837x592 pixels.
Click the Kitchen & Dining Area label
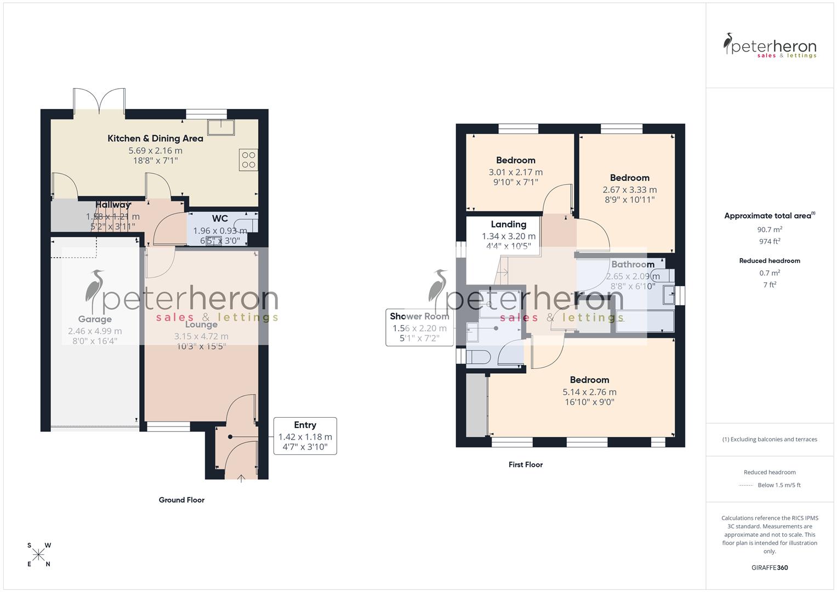coord(155,138)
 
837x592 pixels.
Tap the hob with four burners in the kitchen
coord(248,160)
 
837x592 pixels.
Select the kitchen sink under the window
coord(224,127)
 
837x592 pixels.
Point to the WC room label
coord(220,219)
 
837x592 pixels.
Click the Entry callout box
coord(305,436)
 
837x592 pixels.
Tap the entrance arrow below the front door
coord(241,479)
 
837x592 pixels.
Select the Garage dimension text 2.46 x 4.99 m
coord(95,331)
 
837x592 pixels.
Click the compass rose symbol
coord(38,555)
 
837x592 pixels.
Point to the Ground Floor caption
coord(181,500)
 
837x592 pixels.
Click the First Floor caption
coord(525,464)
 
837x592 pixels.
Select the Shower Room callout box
coord(419,327)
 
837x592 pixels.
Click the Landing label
coord(508,224)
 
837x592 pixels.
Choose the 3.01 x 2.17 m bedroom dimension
coord(515,172)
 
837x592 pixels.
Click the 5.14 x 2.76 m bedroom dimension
coord(589,392)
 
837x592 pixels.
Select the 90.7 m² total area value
coord(770,230)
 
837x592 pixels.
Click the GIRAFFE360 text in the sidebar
coord(770,567)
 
